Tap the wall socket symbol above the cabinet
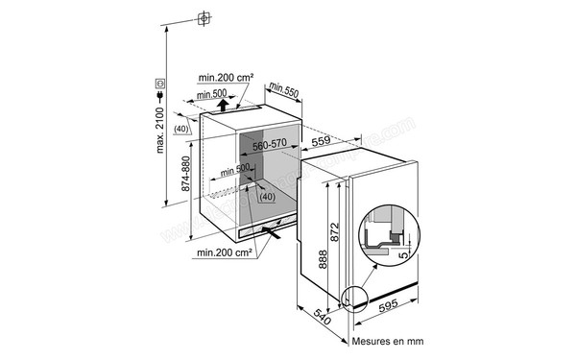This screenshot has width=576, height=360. point(204,19)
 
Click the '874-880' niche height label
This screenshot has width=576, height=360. point(184,180)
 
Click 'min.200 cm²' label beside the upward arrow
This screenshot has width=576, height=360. point(227,76)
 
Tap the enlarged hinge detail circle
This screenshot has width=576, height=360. point(388,236)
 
